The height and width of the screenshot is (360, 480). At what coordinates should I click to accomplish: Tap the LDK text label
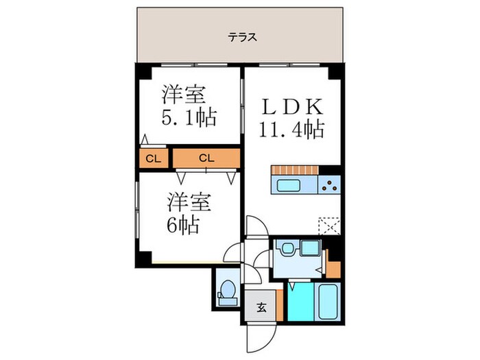[x=291, y=108]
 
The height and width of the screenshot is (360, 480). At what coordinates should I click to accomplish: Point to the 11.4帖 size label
[x=291, y=128]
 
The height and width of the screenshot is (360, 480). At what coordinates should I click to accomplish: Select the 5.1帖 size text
[x=189, y=117]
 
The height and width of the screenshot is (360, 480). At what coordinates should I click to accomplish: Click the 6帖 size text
[x=181, y=224]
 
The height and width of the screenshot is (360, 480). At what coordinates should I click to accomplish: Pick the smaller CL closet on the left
[x=153, y=158]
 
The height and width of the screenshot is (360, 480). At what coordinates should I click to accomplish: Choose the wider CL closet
[x=206, y=158]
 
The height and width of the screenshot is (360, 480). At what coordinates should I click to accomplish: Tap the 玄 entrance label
[x=262, y=307]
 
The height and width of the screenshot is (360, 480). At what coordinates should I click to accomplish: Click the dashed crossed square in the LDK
[x=329, y=226]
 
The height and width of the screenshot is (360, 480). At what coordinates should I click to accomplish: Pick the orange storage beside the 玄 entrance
[x=280, y=305]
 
